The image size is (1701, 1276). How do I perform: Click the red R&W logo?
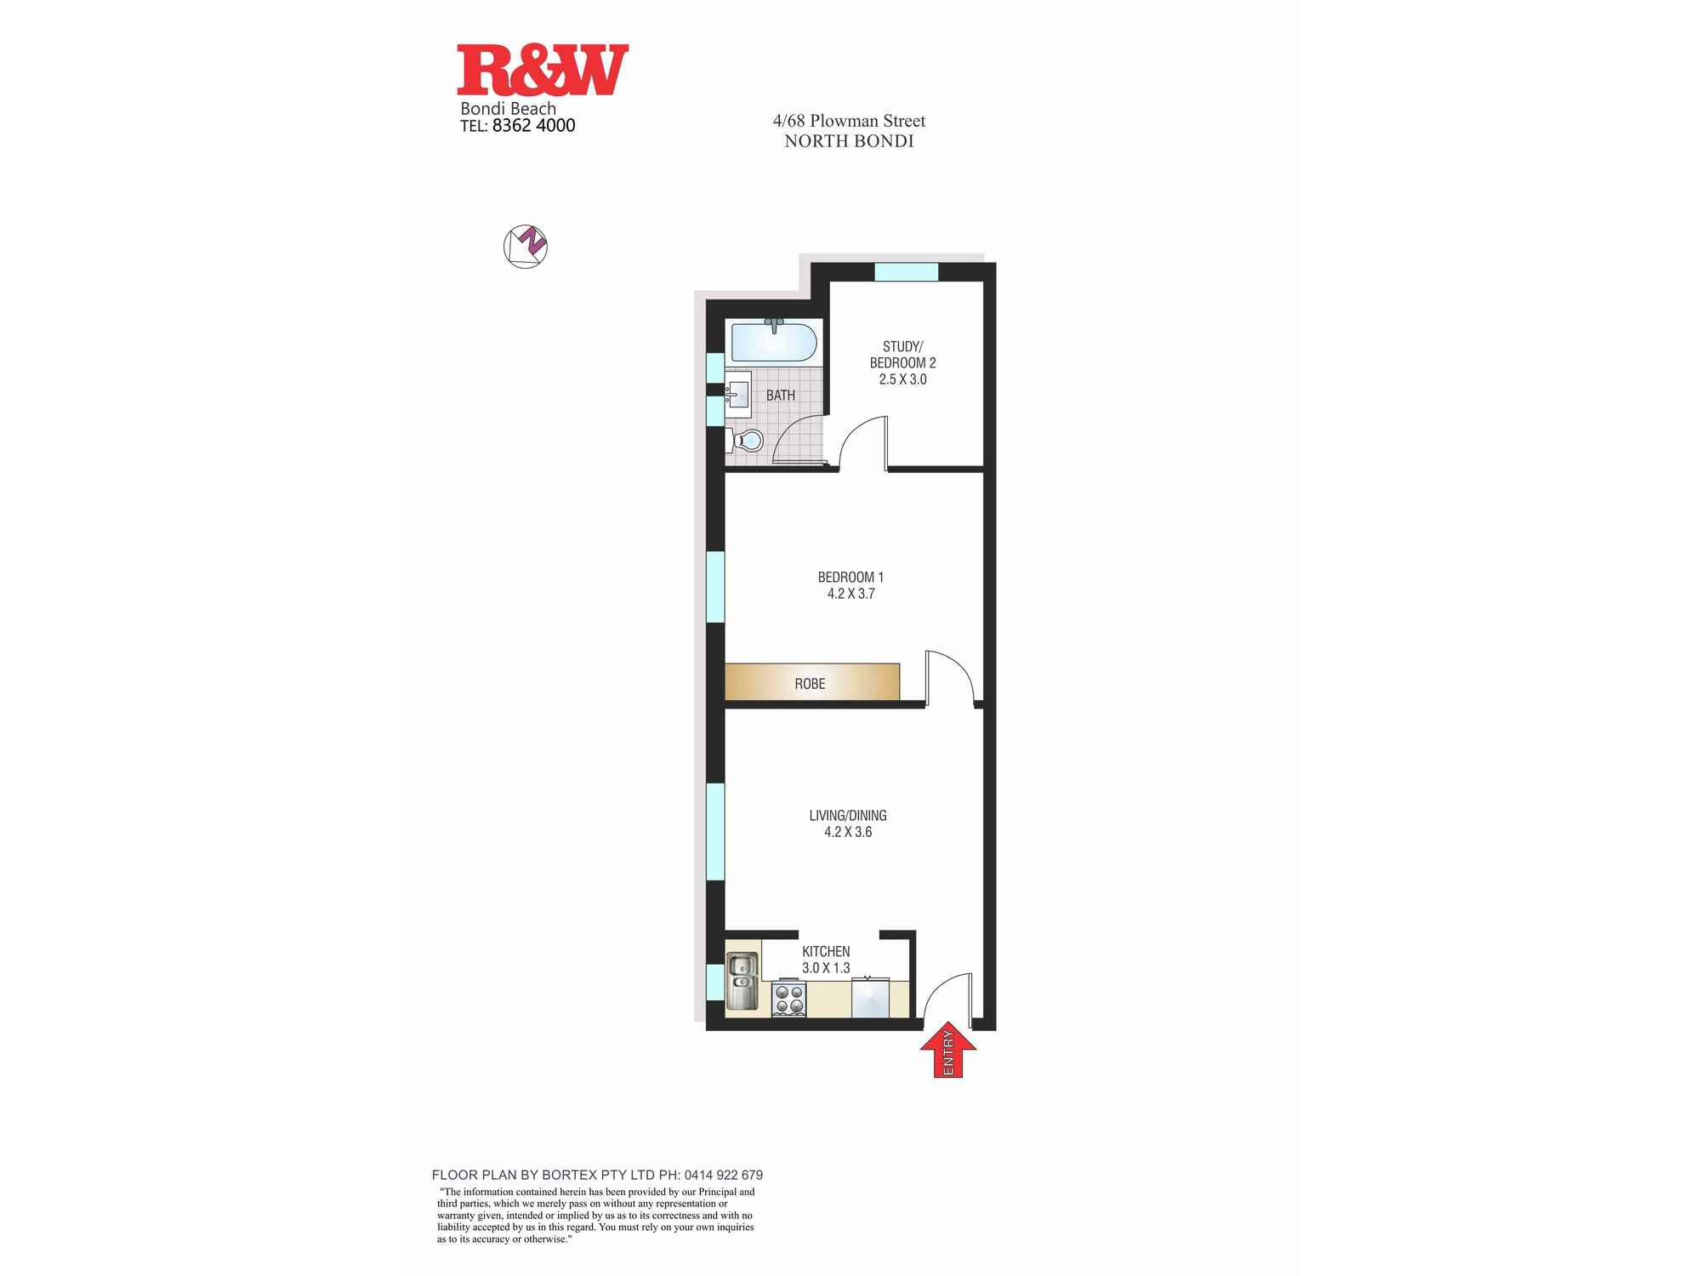point(543,70)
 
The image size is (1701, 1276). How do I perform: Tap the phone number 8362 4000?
point(533,126)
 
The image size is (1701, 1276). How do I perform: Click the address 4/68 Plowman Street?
point(848,121)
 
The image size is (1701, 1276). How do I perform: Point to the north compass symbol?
point(526,247)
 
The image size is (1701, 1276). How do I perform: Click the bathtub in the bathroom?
point(774,342)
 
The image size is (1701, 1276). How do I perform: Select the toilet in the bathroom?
point(747,441)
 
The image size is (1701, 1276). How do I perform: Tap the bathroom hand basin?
point(737,395)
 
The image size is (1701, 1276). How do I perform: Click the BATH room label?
point(780,396)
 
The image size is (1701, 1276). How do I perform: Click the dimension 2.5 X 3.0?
point(902,379)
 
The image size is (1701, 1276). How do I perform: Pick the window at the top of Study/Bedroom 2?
point(906,272)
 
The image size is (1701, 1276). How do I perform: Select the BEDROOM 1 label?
point(850,578)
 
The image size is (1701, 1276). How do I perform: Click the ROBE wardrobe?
point(811,682)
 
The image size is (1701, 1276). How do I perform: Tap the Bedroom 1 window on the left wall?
point(715,587)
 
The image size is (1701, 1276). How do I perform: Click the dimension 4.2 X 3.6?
point(848,832)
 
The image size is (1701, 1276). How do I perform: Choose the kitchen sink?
point(742,981)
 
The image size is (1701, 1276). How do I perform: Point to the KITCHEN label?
point(826,952)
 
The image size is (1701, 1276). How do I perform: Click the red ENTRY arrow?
point(948,1053)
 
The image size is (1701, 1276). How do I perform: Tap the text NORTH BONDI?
point(849,141)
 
